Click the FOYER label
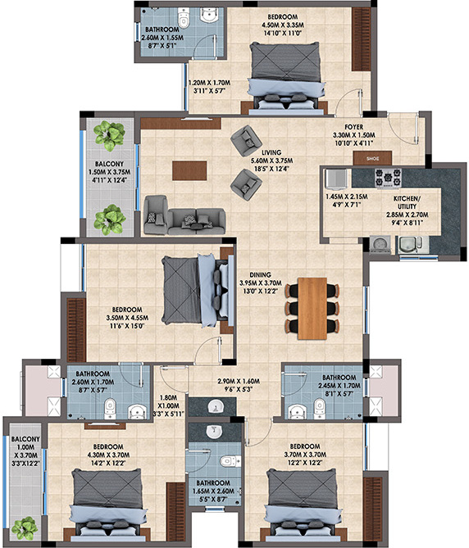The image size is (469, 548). click(x=353, y=127)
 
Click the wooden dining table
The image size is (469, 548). click(x=312, y=308)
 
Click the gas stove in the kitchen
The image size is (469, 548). click(x=388, y=177)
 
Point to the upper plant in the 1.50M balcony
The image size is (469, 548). click(x=109, y=132)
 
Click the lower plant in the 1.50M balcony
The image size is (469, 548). click(x=109, y=220)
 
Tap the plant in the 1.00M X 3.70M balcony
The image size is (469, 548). click(x=25, y=528)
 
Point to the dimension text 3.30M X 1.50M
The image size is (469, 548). click(x=353, y=136)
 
